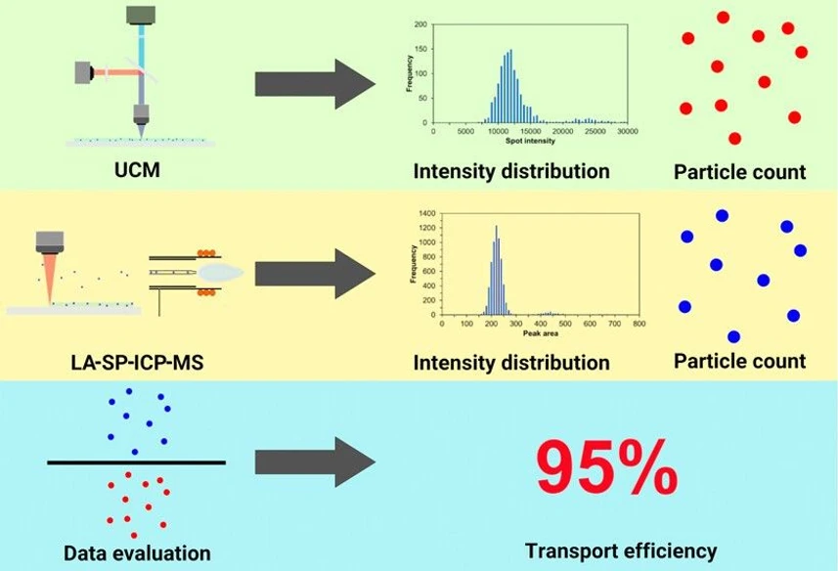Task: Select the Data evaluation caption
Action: click(137, 553)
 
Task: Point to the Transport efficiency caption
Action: click(620, 550)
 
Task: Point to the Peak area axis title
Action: click(533, 333)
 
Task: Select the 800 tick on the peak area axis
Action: click(639, 323)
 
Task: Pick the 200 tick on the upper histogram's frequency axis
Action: click(420, 23)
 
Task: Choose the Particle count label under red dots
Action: click(739, 172)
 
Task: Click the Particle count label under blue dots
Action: click(739, 361)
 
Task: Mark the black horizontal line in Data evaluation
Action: click(136, 461)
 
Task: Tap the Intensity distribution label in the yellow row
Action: click(511, 363)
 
